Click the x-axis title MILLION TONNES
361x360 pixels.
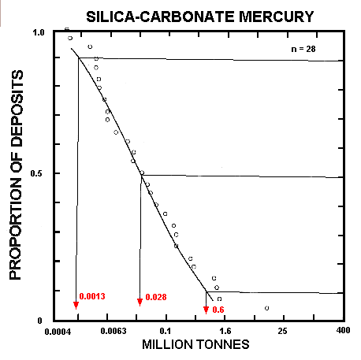coord(195,345)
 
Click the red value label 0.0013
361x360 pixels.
coord(92,297)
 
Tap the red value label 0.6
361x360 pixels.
coord(218,310)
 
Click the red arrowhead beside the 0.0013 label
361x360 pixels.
coord(76,305)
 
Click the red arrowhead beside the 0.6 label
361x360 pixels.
coord(207,310)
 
